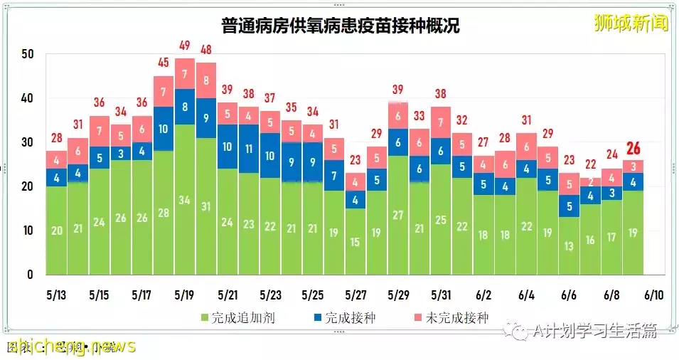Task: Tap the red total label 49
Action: pyautogui.click(x=185, y=46)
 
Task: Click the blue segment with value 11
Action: pyautogui.click(x=249, y=149)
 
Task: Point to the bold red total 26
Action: pyautogui.click(x=633, y=149)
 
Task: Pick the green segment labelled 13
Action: pyautogui.click(x=570, y=245)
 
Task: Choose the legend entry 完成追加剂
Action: pyautogui.click(x=238, y=318)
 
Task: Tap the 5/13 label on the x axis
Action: pyautogui.click(x=56, y=295)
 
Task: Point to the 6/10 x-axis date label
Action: pyautogui.click(x=654, y=295)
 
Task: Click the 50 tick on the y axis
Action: pyautogui.click(x=28, y=54)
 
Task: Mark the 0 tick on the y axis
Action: pyautogui.click(x=31, y=275)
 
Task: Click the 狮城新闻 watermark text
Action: pyautogui.click(x=631, y=23)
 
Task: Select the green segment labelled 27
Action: pyautogui.click(x=398, y=215)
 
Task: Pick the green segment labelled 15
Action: pyautogui.click(x=355, y=241)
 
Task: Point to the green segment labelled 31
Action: pyautogui.click(x=206, y=206)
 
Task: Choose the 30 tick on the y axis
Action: pyautogui.click(x=28, y=142)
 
